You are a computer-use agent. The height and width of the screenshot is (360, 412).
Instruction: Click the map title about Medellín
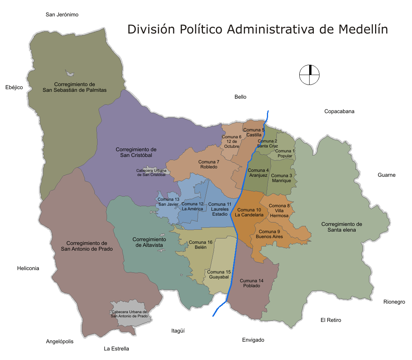pyautogui.click(x=257, y=29)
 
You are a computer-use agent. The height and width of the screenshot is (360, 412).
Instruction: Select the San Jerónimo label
pyautogui.click(x=62, y=15)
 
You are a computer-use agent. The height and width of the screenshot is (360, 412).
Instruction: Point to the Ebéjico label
pyautogui.click(x=14, y=88)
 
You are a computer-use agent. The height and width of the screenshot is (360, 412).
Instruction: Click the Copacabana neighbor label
pyautogui.click(x=339, y=112)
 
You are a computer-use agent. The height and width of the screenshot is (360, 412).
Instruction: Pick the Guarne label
pyautogui.click(x=386, y=175)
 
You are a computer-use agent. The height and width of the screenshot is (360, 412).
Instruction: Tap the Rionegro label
pyautogui.click(x=394, y=302)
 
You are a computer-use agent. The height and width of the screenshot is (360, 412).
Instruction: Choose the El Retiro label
pyautogui.click(x=331, y=320)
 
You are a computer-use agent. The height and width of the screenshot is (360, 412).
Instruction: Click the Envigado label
pyautogui.click(x=253, y=340)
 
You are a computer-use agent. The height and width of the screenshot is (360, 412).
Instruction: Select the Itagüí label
pyautogui.click(x=178, y=331)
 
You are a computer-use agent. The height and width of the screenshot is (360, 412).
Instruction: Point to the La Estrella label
pyautogui.click(x=117, y=349)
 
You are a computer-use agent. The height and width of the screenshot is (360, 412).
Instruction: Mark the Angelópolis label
pyautogui.click(x=60, y=342)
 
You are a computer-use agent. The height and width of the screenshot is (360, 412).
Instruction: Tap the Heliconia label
pyautogui.click(x=28, y=269)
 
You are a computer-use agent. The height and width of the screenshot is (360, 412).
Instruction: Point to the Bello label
pyautogui.click(x=240, y=97)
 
